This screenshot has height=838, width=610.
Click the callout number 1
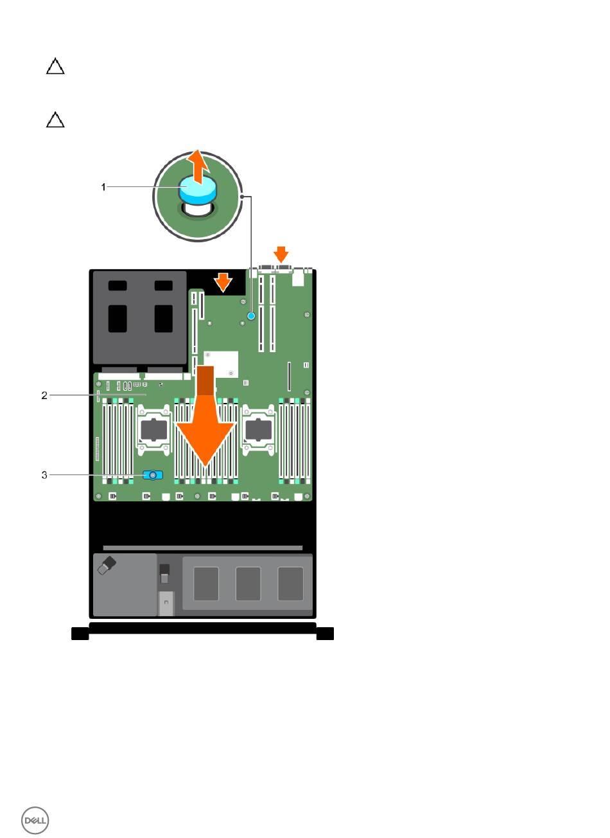(x=103, y=186)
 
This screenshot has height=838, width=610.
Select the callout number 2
(x=44, y=395)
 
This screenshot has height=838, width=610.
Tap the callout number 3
(x=44, y=475)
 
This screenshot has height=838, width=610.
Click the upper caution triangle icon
(x=55, y=66)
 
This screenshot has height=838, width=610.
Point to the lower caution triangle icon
(x=55, y=120)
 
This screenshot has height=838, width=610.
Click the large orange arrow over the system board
(x=205, y=416)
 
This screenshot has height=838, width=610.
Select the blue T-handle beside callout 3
(x=153, y=475)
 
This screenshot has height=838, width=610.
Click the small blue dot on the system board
(x=251, y=316)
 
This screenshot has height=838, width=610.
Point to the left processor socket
(x=154, y=430)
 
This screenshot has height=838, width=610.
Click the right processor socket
(x=259, y=430)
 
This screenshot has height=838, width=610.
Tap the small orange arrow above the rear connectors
(x=281, y=254)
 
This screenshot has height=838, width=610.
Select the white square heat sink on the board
(x=221, y=364)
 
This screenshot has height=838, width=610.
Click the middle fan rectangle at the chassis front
(x=248, y=584)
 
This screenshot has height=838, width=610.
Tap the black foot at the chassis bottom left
(x=80, y=634)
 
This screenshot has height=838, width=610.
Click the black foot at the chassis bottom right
(x=325, y=634)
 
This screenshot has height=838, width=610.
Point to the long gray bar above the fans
(x=203, y=548)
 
